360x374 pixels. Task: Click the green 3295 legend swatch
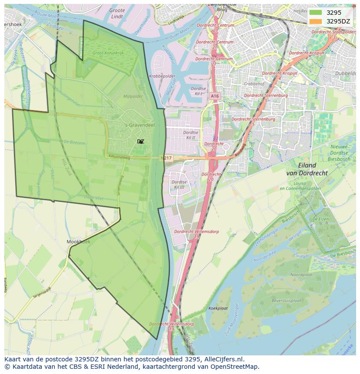(316, 13)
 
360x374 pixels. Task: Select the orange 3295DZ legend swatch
(316, 21)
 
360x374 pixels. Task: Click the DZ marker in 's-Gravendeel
(140, 142)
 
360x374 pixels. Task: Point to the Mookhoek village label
(79, 242)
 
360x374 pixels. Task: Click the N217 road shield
(166, 158)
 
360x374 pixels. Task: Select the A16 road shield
(215, 96)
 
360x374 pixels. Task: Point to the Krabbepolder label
(159, 76)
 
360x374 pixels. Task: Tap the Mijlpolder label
(133, 96)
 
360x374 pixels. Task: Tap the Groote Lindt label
(117, 13)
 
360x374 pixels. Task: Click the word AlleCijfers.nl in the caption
(223, 360)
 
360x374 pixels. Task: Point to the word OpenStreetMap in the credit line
(237, 367)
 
